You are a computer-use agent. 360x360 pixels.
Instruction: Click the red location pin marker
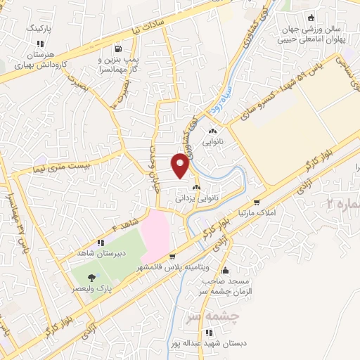coord(181,165)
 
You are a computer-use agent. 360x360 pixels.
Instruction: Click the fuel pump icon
coord(117,49)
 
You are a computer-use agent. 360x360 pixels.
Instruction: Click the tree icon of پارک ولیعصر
coord(92,276)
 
